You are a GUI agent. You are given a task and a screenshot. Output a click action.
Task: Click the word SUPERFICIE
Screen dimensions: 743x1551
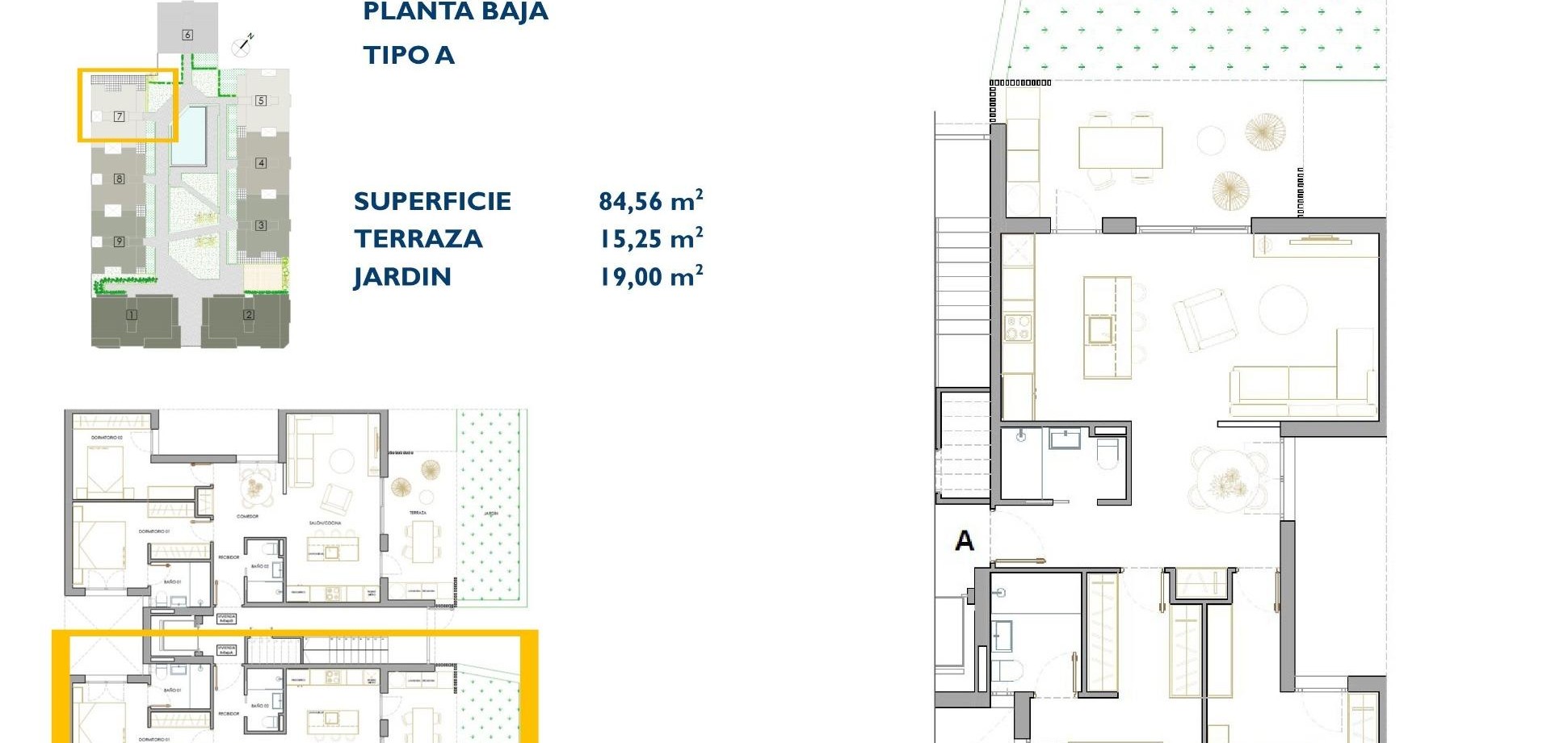point(432,201)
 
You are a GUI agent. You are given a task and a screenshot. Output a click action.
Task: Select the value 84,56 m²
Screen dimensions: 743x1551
point(650,200)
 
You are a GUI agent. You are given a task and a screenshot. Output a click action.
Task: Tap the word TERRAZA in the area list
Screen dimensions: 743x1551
point(418,239)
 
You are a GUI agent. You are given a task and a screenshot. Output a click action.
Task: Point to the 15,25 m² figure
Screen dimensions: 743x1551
point(650,238)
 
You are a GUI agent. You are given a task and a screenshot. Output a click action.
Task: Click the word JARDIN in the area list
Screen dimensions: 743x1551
point(401,277)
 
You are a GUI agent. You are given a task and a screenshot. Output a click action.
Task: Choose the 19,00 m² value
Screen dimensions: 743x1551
point(650,276)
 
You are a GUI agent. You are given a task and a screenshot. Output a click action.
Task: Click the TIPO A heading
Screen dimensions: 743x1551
point(408,55)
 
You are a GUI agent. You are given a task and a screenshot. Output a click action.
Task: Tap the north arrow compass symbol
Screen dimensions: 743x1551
point(243,44)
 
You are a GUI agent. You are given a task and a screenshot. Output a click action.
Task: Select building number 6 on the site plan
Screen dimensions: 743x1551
point(187,35)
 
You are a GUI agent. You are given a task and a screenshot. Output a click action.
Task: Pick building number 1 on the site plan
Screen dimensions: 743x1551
point(132,315)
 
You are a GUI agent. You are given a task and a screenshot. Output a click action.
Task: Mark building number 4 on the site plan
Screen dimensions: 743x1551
point(261,163)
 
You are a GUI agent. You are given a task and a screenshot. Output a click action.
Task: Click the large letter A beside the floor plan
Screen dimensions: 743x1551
point(964,540)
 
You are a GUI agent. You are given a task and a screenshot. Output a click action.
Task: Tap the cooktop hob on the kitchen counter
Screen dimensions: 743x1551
point(1018,330)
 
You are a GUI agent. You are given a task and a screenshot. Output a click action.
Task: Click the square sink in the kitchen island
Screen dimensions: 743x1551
point(1099,330)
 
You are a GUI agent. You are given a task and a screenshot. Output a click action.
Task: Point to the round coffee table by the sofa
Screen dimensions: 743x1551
point(1282,308)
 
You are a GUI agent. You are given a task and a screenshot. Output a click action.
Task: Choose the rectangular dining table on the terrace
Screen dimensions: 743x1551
point(1120,148)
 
